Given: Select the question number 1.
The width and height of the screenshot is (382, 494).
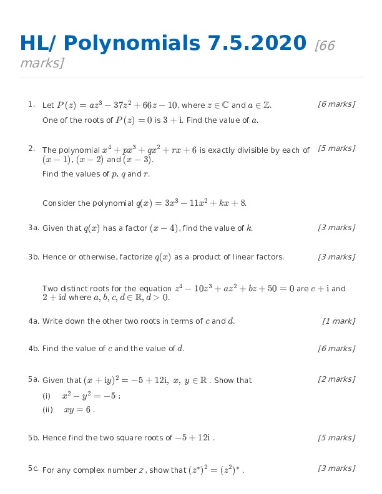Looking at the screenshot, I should click(x=31, y=104).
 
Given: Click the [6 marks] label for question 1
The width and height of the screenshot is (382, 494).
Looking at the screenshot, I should click(x=336, y=104).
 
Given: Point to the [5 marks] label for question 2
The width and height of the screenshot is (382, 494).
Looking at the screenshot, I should click(x=336, y=148).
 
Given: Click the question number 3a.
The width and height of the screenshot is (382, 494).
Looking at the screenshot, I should click(x=34, y=228).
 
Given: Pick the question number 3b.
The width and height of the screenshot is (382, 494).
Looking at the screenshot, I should click(x=34, y=257).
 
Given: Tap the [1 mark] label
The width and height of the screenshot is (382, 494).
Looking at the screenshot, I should click(x=339, y=321).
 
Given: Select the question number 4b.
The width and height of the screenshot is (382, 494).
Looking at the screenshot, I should click(x=34, y=349).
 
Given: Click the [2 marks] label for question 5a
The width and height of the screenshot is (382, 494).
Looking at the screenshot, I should click(x=336, y=379).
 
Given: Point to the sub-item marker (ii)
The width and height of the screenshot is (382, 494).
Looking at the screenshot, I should click(x=47, y=410).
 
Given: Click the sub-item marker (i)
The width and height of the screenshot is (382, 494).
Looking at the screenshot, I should click(x=46, y=396).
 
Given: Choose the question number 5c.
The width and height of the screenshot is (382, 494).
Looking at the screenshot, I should click(x=34, y=468).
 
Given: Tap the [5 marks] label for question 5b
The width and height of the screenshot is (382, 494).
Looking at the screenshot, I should click(x=336, y=438).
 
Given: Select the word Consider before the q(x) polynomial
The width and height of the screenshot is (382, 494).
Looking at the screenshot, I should click(x=57, y=203).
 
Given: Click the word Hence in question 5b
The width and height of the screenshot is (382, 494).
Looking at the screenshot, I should click(x=52, y=438).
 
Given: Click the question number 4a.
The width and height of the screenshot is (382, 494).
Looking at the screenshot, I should click(x=34, y=321).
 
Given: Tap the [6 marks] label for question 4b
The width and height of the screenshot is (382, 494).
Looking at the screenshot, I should click(x=336, y=349).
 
